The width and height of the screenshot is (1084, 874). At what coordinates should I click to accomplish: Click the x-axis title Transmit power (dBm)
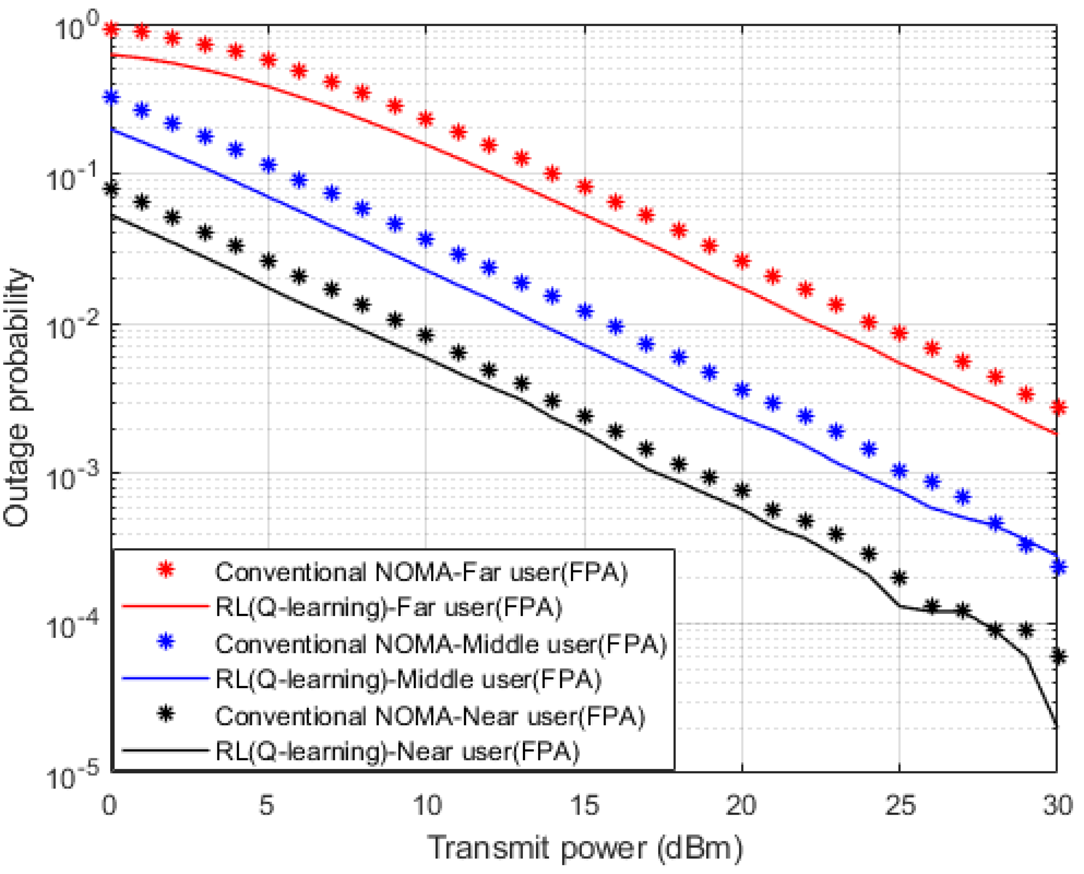tap(584, 847)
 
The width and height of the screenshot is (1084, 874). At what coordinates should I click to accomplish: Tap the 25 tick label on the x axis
tap(900, 806)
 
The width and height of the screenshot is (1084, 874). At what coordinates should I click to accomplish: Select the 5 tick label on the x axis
tap(267, 806)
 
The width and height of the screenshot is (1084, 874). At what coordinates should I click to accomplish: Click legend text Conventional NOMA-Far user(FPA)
tap(421, 573)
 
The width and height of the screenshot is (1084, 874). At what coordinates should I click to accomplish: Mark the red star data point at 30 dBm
tap(1059, 407)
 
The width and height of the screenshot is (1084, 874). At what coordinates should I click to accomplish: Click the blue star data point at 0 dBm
tap(111, 97)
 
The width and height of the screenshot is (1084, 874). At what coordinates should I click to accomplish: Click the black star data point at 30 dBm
tap(1059, 656)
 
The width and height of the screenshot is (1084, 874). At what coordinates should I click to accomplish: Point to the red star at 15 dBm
tap(584, 187)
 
